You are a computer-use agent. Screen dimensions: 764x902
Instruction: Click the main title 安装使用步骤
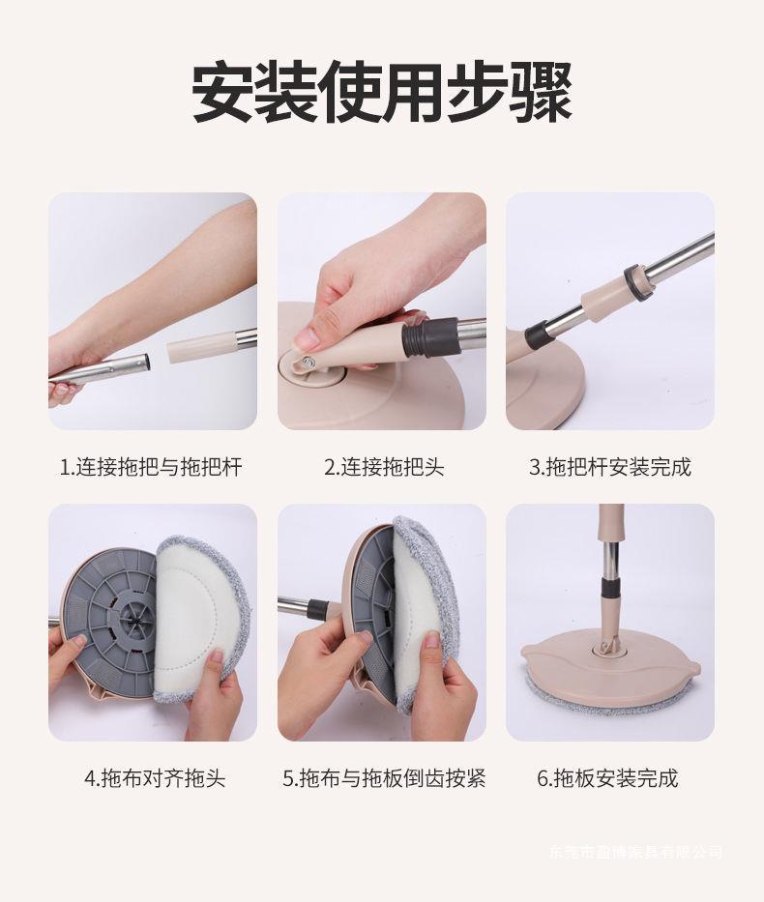pyautogui.click(x=381, y=92)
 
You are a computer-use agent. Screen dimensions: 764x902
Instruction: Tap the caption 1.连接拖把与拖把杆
pyautogui.click(x=151, y=467)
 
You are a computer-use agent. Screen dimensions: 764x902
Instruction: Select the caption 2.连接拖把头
pyautogui.click(x=384, y=467)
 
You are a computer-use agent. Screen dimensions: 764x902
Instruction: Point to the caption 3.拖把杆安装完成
pyautogui.click(x=610, y=467)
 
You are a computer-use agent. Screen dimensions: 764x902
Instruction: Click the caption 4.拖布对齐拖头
pyautogui.click(x=155, y=778)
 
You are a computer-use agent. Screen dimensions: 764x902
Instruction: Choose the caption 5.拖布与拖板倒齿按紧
pyautogui.click(x=384, y=778)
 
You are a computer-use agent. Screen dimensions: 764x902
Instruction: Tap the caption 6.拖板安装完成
pyautogui.click(x=607, y=778)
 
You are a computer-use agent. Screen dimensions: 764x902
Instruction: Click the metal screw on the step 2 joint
pyautogui.click(x=309, y=363)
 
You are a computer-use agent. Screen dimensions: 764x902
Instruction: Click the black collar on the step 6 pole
pyautogui.click(x=611, y=590)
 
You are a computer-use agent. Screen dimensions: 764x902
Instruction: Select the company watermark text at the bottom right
pyautogui.click(x=636, y=852)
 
